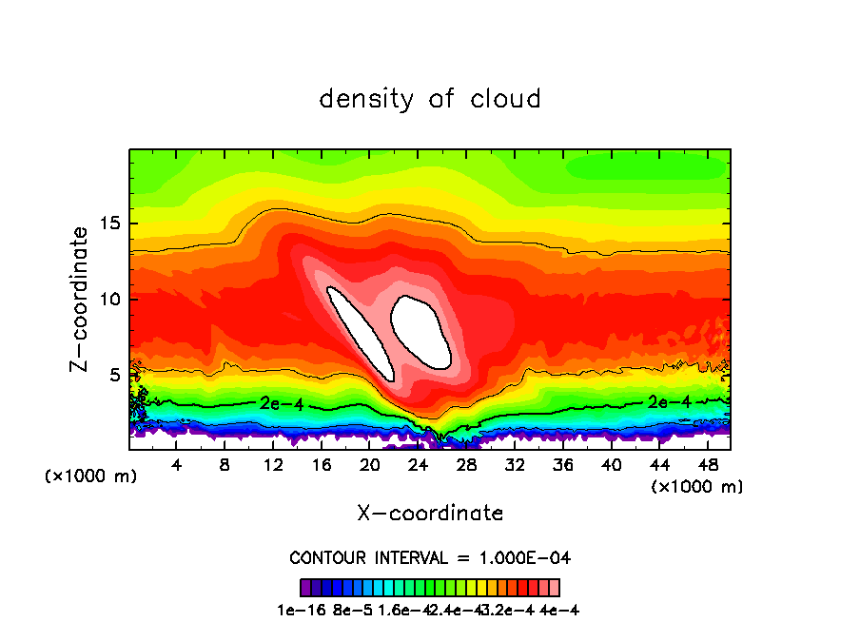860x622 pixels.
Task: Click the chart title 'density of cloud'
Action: (430, 99)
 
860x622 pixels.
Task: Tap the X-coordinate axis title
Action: (430, 513)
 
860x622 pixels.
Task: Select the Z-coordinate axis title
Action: (79, 299)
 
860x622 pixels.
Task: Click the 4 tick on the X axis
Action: (176, 464)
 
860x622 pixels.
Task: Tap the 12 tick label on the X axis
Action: (273, 464)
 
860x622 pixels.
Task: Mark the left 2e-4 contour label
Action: (281, 403)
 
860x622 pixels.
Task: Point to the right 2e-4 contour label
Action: (670, 401)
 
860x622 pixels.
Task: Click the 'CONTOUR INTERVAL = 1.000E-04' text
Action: (430, 557)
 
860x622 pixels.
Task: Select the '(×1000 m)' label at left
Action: (90, 476)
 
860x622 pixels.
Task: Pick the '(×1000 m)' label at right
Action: (696, 486)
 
